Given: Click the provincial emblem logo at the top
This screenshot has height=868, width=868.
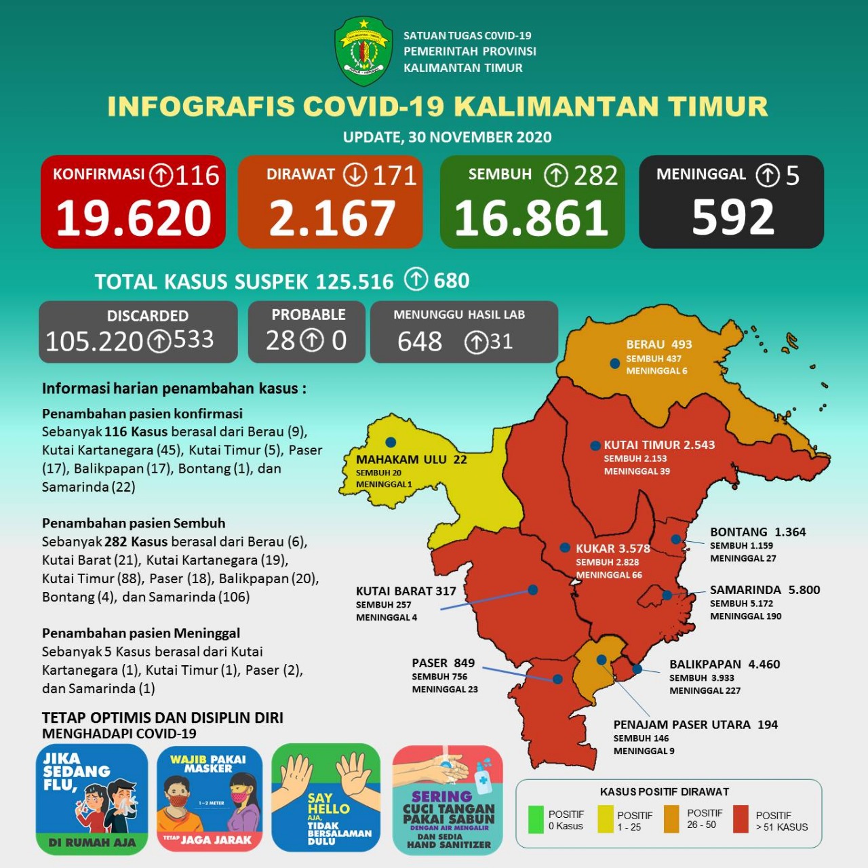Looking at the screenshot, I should pos(363,52).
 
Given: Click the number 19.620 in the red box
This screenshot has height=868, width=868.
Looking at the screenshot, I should pos(134,218).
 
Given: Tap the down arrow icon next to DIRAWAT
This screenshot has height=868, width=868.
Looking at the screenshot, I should pos(355,175).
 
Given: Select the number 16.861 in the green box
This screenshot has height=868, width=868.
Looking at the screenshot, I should pos(532,218).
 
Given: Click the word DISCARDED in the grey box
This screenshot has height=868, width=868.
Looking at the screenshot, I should pos(148,315).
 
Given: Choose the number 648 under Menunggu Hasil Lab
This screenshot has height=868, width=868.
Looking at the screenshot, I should pos(420,342).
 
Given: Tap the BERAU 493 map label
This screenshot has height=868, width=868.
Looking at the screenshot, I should pos(658,344).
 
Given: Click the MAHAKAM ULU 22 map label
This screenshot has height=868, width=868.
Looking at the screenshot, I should pos(412,460).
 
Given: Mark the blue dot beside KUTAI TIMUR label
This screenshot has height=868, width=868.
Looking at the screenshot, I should pos(595,446).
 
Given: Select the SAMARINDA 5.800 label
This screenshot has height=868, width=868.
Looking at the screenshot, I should pos(765,590).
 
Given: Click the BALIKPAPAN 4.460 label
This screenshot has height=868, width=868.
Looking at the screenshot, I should pos(724,665).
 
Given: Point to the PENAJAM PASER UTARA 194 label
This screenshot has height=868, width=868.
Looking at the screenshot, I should pos(695,725).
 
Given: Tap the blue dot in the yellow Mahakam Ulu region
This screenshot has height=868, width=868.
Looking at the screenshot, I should pos(391,442).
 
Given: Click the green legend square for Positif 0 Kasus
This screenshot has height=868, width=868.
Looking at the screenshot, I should pos(536,819).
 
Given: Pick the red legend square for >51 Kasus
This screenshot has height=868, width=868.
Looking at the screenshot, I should pos(741,819).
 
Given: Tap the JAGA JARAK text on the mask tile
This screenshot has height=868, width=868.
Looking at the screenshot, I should pos(216,840).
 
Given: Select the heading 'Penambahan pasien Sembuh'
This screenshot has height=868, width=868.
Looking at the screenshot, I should pos(134,524).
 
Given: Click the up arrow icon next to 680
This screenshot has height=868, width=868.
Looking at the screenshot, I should pos(416,279).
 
